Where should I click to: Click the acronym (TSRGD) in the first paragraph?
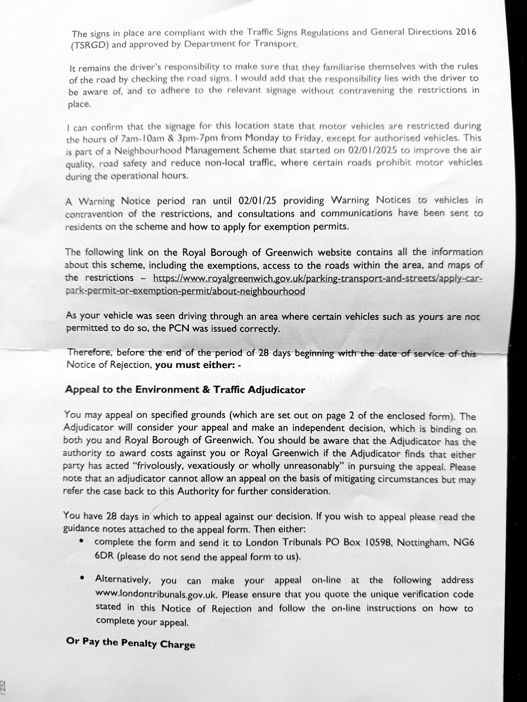pyautogui.click(x=90, y=45)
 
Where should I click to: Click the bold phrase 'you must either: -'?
pyautogui.click(x=198, y=365)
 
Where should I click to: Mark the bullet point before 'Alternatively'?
pyautogui.click(x=82, y=578)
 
